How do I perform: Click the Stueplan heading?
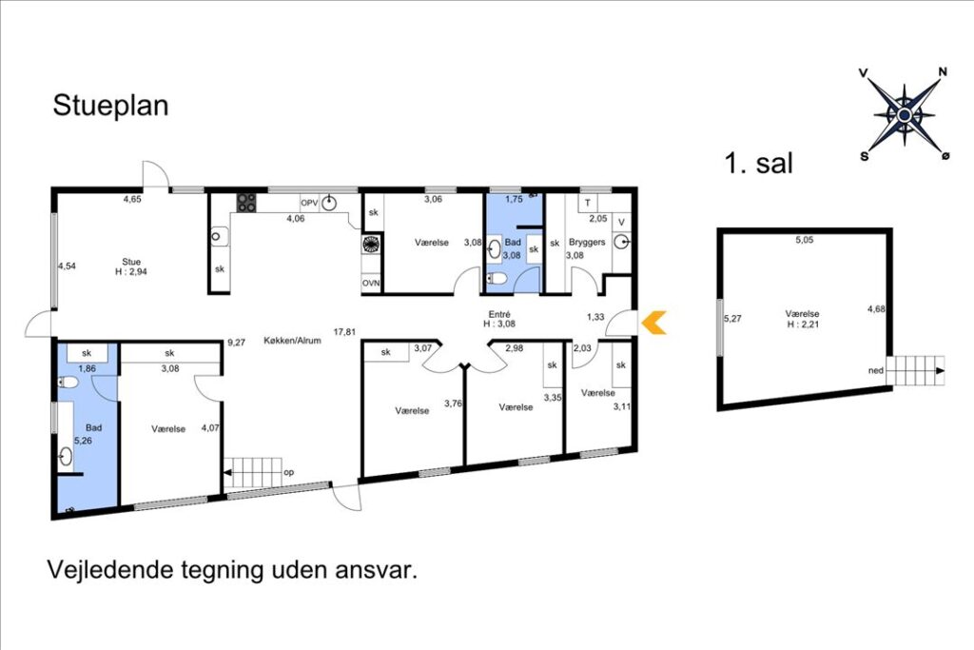click(x=110, y=106)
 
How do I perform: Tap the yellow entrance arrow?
click(x=654, y=322)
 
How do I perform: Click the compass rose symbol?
click(x=905, y=114)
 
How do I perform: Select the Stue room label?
click(x=131, y=262)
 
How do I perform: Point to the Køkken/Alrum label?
click(x=292, y=341)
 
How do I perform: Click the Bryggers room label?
click(x=587, y=242)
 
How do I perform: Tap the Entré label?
click(x=499, y=314)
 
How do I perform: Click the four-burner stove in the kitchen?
click(x=246, y=203)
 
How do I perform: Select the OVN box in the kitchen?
click(x=371, y=283)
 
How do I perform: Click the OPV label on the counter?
click(x=309, y=203)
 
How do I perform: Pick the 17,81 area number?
click(x=344, y=332)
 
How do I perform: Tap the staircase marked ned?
click(x=916, y=371)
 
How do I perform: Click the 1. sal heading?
click(x=758, y=163)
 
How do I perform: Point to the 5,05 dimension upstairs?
click(x=805, y=240)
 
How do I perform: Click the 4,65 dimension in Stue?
click(x=132, y=200)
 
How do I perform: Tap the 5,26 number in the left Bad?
click(x=84, y=441)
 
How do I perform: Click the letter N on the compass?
click(x=943, y=71)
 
